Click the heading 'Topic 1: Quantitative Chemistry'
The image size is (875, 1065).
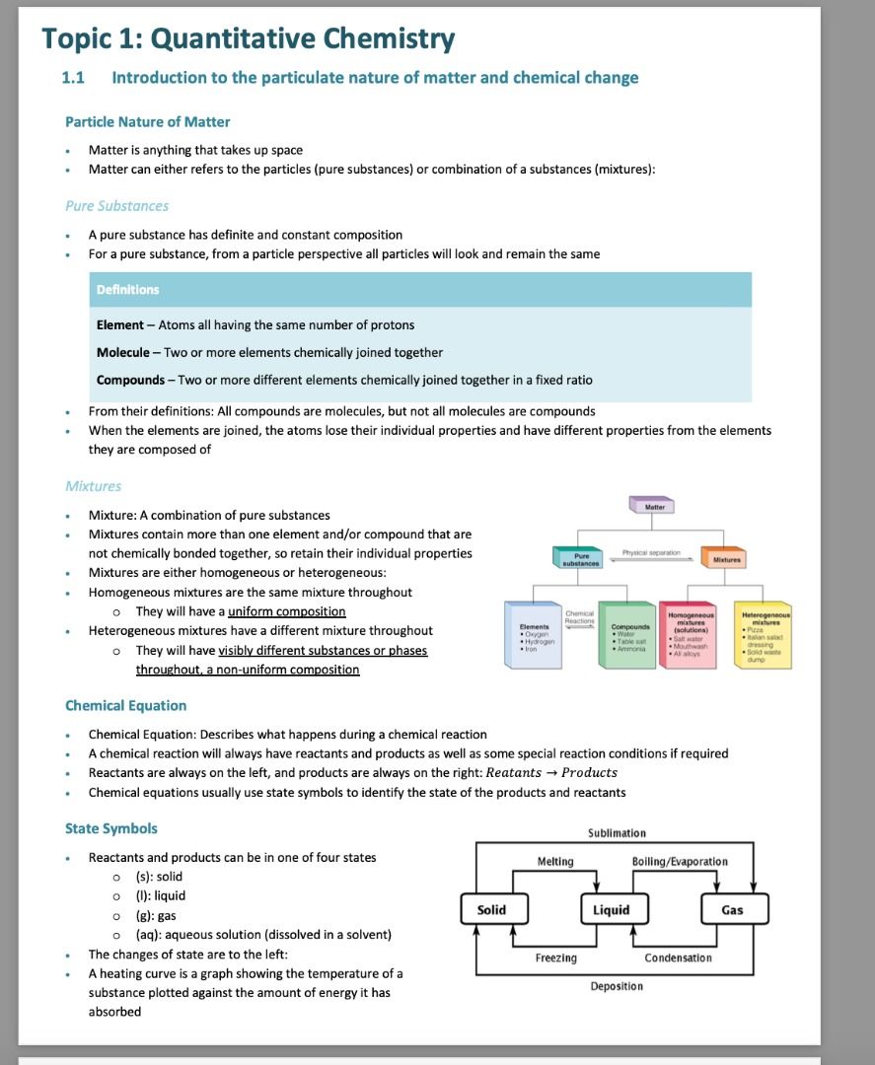tap(248, 38)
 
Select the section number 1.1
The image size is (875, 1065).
tap(73, 78)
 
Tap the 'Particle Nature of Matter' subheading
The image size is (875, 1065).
tap(147, 122)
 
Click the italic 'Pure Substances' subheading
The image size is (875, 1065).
tap(116, 206)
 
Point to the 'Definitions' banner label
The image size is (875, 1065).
tap(127, 290)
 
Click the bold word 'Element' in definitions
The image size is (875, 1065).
tap(119, 325)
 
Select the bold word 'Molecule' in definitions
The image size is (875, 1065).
tap(122, 353)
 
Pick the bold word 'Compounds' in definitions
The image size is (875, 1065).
tap(130, 380)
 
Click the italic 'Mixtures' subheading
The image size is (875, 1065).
tap(93, 486)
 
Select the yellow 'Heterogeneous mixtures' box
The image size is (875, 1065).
tap(761, 634)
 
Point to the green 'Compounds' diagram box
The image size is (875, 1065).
tap(628, 634)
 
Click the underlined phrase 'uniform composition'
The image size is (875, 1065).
tap(286, 612)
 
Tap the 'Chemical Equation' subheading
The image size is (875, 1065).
tap(125, 706)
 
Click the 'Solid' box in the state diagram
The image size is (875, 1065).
tap(491, 910)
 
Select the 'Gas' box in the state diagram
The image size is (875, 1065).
tap(732, 910)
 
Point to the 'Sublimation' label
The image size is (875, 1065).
tap(617, 833)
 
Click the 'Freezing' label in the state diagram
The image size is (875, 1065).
tap(556, 958)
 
